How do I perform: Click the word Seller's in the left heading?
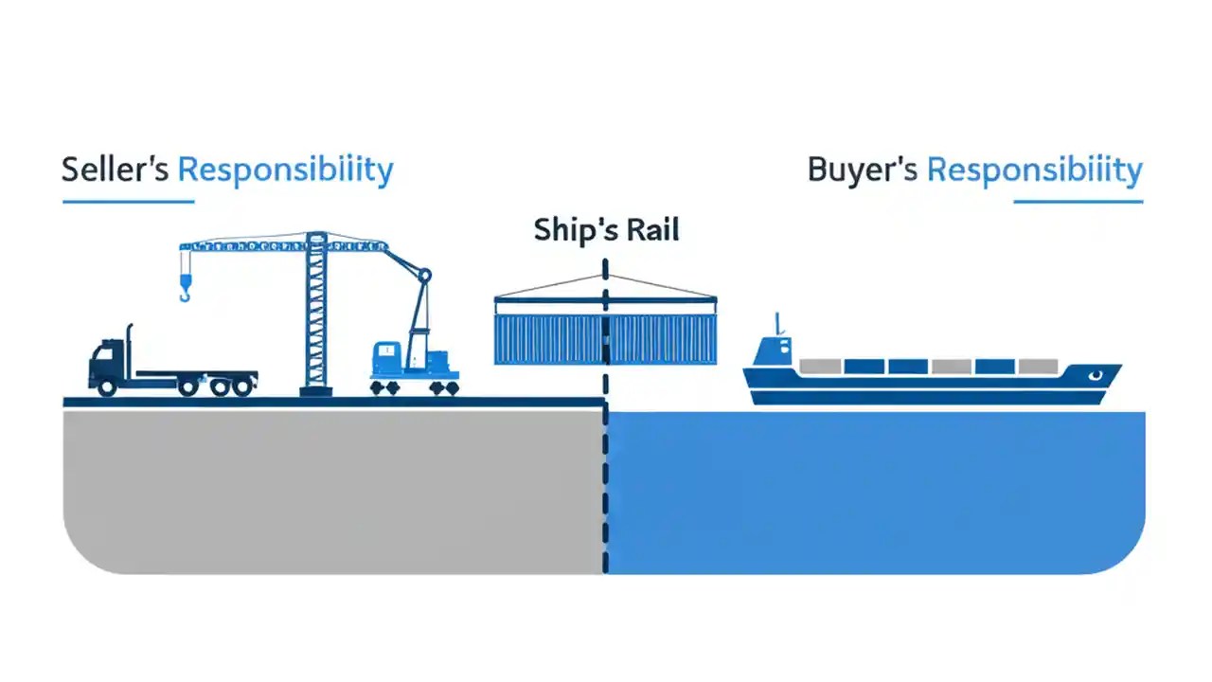coord(116,170)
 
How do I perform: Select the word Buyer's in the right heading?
coord(862,170)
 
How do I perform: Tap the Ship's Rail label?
coord(606,230)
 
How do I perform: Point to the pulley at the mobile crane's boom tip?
coord(424,276)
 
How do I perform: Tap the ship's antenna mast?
coord(777,323)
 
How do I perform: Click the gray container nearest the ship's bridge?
coord(820,366)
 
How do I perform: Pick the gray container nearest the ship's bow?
coord(1038,366)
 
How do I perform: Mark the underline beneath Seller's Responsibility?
coord(128,201)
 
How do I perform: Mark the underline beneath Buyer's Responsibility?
coord(1078,201)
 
